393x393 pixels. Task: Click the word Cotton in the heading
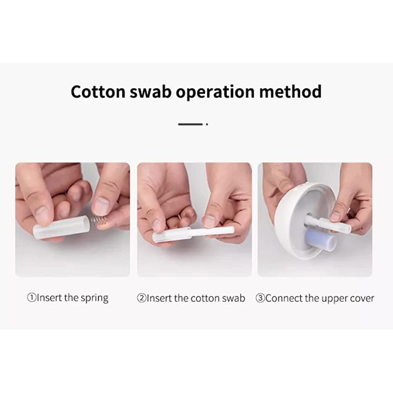[x=98, y=92]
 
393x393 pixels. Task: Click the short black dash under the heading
[x=190, y=124]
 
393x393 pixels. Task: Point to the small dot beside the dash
[x=207, y=124]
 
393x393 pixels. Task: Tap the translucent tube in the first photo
[x=62, y=227]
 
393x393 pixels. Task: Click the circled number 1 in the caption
[x=32, y=298]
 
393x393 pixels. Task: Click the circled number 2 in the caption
[x=141, y=298]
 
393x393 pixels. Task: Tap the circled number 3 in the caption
[x=260, y=298]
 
